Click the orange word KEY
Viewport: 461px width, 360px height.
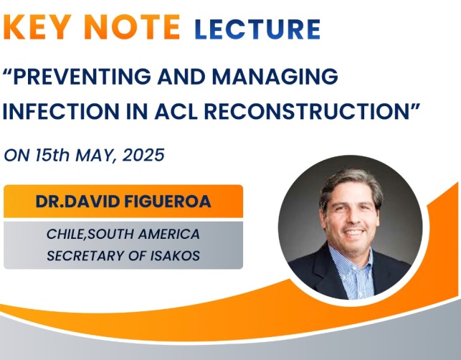coord(41,27)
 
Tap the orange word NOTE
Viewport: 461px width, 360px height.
coord(134,27)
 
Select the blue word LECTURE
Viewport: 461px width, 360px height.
coord(257,29)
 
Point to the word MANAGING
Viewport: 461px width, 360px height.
coord(275,76)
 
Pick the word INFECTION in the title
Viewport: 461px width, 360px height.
coord(61,111)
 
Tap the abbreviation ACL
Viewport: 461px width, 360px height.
coord(176,111)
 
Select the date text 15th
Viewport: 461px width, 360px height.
coord(52,155)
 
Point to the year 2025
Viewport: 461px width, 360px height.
coord(143,155)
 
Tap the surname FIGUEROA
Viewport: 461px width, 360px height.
coord(168,202)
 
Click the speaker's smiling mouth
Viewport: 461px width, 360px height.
coord(353,232)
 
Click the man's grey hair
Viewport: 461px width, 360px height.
coord(351,184)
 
